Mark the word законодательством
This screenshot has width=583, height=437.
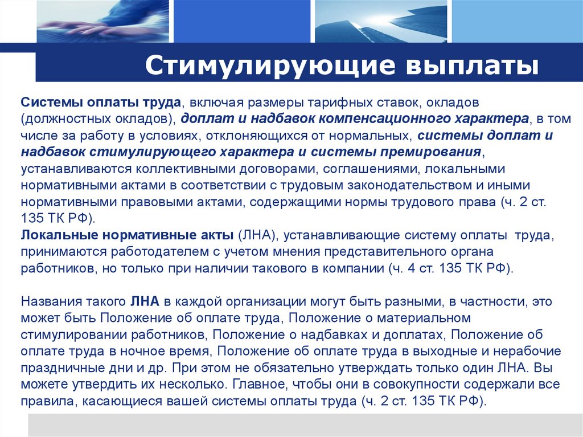tap(390, 186)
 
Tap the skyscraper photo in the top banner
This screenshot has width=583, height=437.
tap(380, 21)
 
